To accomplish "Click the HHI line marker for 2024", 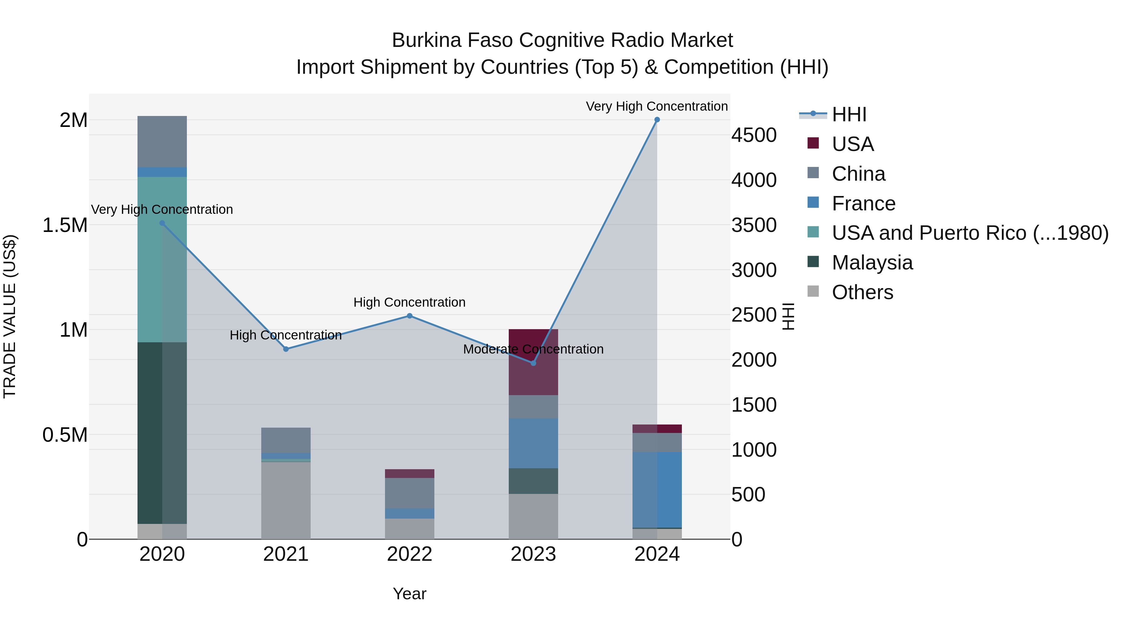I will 657,120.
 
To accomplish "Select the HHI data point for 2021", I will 286,349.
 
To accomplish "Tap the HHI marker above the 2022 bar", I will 409,316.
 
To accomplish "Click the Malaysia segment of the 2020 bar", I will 162,433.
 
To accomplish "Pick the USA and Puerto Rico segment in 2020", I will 162,259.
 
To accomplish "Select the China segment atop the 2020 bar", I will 162,142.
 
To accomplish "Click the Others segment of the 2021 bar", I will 286,500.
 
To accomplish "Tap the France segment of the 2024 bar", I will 657,490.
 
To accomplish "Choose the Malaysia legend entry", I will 872,263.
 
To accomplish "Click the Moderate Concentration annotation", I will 533,349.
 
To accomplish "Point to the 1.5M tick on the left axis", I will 65,225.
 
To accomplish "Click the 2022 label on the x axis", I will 409,554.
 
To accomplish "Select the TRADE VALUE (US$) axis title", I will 10,316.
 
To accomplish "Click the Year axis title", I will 409,594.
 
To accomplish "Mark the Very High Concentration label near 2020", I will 162,210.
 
